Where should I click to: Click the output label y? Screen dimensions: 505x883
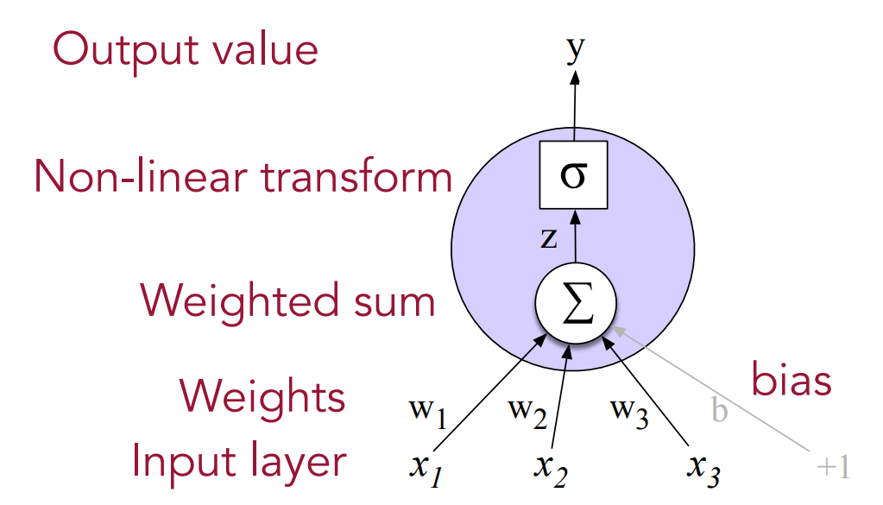pos(575,49)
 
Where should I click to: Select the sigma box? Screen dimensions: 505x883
pos(574,176)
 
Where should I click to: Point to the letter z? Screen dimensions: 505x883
pos(549,238)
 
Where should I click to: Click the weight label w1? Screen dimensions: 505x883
pos(426,413)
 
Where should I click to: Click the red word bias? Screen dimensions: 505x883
pos(792,380)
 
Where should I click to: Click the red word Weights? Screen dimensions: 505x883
pos(262,397)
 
